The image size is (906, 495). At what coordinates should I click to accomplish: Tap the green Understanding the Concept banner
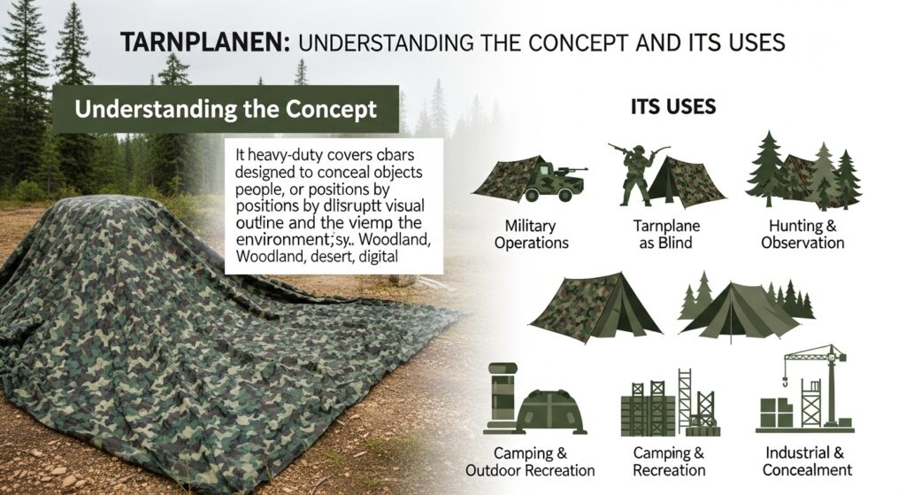(x=226, y=109)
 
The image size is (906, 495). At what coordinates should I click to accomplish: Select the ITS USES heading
(x=673, y=106)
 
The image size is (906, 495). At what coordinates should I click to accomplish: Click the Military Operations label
(x=531, y=234)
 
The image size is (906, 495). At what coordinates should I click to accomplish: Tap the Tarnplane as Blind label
(x=666, y=234)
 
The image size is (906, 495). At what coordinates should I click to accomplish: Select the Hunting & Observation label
(x=802, y=234)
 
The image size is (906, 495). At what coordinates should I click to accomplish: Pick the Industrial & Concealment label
(x=807, y=460)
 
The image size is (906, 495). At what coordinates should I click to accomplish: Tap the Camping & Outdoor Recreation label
(x=530, y=461)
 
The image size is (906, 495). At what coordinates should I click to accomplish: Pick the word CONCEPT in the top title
(x=578, y=43)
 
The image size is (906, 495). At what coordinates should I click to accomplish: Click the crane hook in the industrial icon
(x=786, y=381)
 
